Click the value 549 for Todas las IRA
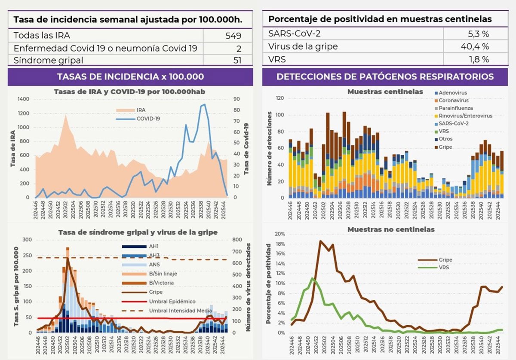coord(233,36)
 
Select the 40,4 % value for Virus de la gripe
coord(476,46)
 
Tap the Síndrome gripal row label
coord(49,60)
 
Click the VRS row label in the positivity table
coord(277,59)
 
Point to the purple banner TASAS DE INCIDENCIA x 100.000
coord(131,76)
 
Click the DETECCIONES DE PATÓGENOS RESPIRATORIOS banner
coord(385,76)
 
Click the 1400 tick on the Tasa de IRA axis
coord(23,99)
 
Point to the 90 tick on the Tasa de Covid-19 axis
coord(236,99)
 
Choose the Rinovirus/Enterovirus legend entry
coord(465,116)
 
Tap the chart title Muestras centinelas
coord(385,92)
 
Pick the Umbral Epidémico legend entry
coord(172,302)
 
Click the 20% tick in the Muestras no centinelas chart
coord(279,234)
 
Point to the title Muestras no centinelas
coord(390,229)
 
